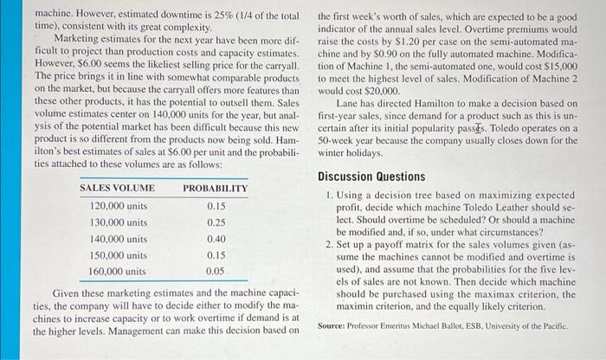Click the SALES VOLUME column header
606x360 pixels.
pyautogui.click(x=117, y=188)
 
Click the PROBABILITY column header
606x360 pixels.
pyautogui.click(x=215, y=188)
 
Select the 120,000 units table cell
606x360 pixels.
pyautogui.click(x=119, y=206)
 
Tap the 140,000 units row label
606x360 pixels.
pyautogui.click(x=119, y=239)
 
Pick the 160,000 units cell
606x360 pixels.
pyautogui.click(x=119, y=271)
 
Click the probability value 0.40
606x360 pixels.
pyautogui.click(x=216, y=239)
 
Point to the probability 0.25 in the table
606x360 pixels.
pyautogui.click(x=216, y=222)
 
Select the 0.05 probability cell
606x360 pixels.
pyautogui.click(x=216, y=271)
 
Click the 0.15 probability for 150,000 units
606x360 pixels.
pyautogui.click(x=216, y=255)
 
